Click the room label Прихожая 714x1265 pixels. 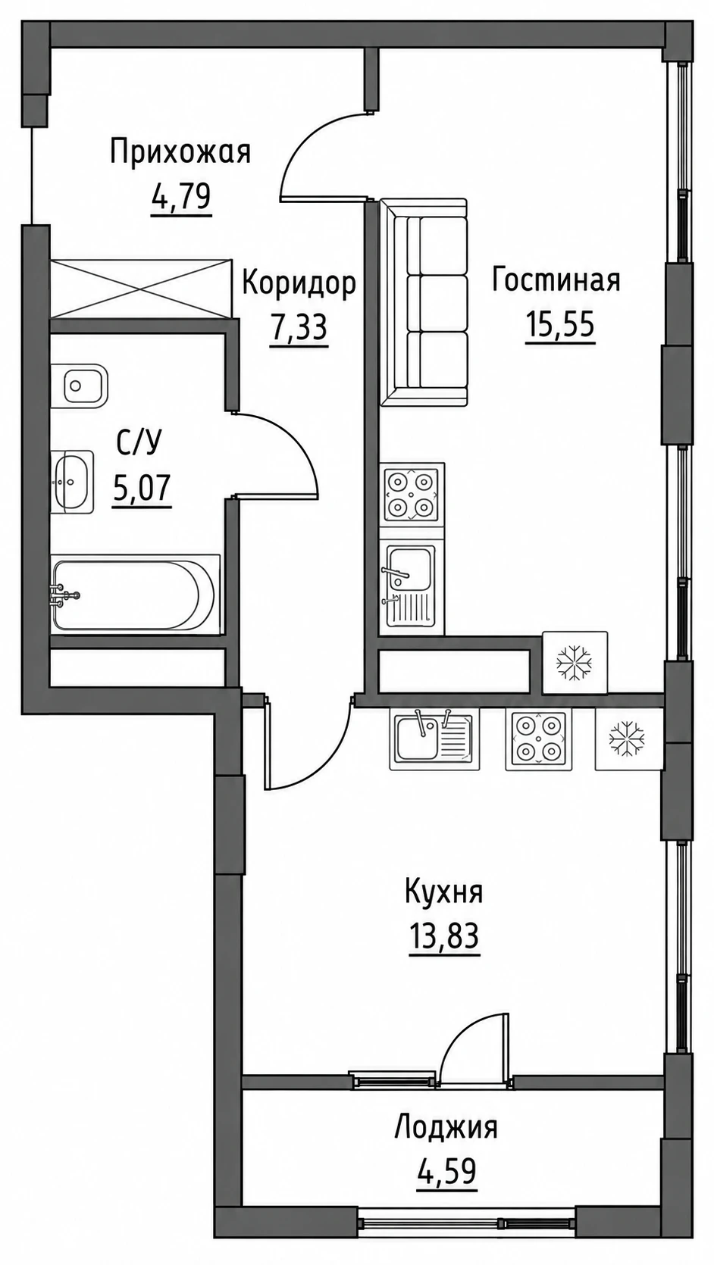click(x=180, y=154)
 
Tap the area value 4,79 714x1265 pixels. click(x=180, y=198)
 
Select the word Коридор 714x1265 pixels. click(x=299, y=283)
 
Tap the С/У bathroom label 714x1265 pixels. click(x=139, y=444)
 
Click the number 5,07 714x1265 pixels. click(x=141, y=489)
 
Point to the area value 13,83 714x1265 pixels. click(x=444, y=936)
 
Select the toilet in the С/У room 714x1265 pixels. click(x=79, y=385)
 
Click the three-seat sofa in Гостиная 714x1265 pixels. click(x=424, y=302)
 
